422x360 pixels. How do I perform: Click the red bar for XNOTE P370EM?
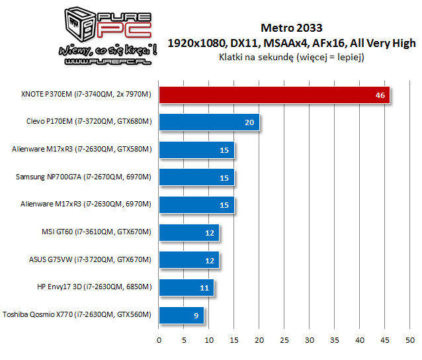pyautogui.click(x=274, y=95)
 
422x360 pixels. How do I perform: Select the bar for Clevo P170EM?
pyautogui.click(x=209, y=122)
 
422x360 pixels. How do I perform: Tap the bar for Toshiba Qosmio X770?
pyautogui.click(x=181, y=316)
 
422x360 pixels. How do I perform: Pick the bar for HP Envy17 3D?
pyautogui.click(x=187, y=288)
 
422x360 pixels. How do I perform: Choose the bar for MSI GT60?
pyautogui.click(x=189, y=232)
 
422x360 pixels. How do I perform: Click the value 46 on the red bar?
pyautogui.click(x=380, y=95)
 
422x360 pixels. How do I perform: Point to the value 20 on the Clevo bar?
pyautogui.click(x=249, y=123)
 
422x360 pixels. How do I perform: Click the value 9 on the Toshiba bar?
pyautogui.click(x=196, y=316)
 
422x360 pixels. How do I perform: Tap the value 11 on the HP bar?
pyautogui.click(x=204, y=289)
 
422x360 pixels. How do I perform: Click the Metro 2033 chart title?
pyautogui.click(x=292, y=28)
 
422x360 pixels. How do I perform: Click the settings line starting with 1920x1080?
pyautogui.click(x=292, y=43)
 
